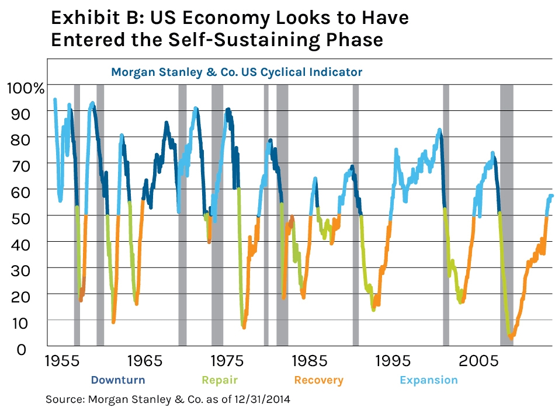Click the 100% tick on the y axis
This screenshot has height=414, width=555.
[x=25, y=89]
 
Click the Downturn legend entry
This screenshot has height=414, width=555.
[x=117, y=380]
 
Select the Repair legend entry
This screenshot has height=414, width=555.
[x=220, y=380]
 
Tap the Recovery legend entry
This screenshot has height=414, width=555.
[x=318, y=380]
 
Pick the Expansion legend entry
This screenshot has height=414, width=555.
[x=428, y=380]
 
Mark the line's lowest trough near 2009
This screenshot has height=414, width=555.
[x=511, y=337]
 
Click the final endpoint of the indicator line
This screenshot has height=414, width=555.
[x=551, y=196]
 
